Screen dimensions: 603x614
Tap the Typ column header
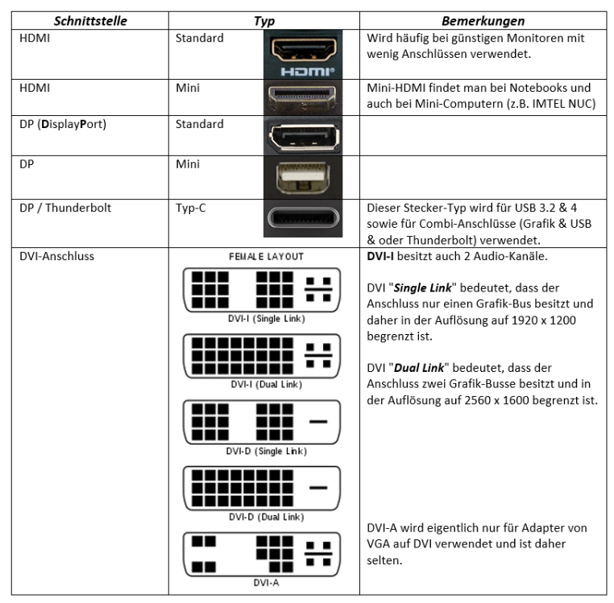tap(264, 21)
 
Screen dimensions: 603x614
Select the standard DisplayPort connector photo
tap(303, 135)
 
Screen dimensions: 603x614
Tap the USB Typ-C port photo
tap(303, 218)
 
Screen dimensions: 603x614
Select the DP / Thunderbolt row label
tap(65, 208)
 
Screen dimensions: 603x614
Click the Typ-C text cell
tap(192, 208)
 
